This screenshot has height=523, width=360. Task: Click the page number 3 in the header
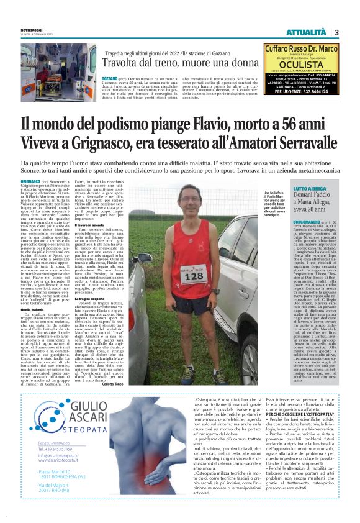point(336,32)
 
